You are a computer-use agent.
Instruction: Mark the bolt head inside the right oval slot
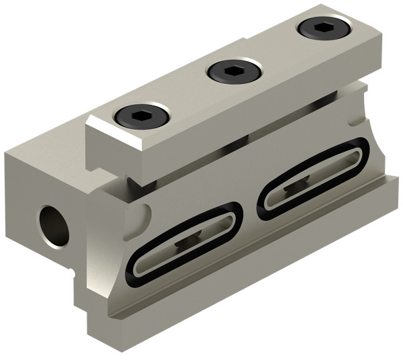tap(302, 181)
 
